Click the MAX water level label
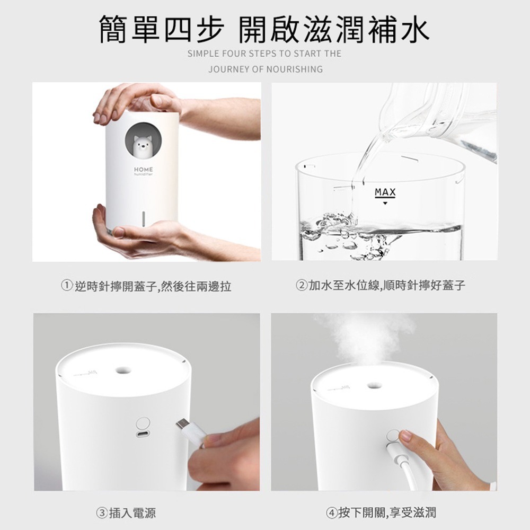click(385, 192)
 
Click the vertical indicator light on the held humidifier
click(143, 218)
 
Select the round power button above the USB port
click(143, 422)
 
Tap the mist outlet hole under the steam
click(374, 383)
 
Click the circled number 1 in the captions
click(67, 287)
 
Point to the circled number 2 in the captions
click(301, 286)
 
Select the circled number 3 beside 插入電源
click(101, 513)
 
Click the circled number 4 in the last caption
click(332, 513)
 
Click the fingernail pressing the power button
click(405, 436)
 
